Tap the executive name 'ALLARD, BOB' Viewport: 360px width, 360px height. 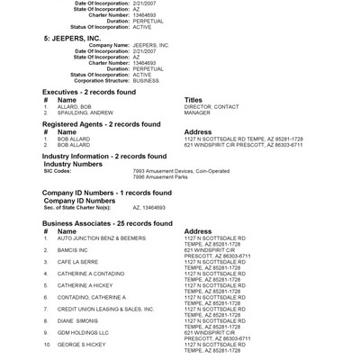click(x=76, y=106)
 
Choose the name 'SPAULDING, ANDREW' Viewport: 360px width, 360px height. click(x=86, y=112)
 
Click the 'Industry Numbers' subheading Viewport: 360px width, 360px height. click(x=78, y=163)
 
